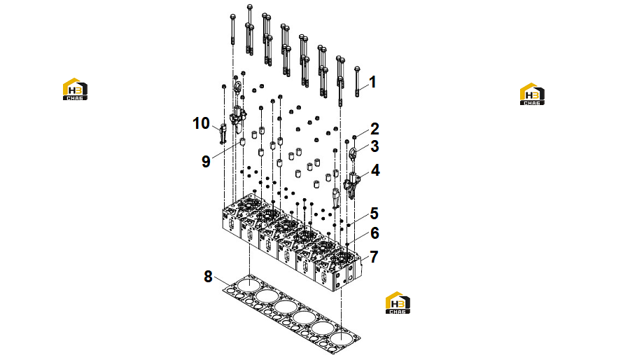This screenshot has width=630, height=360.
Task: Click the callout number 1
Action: click(x=372, y=82)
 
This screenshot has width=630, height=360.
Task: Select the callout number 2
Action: click(x=374, y=129)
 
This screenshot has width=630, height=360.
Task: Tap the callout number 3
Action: click(x=374, y=146)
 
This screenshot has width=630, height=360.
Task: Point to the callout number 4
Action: click(x=375, y=170)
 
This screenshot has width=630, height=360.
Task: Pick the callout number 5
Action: click(x=374, y=214)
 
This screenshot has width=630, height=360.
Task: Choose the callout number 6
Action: click(x=374, y=233)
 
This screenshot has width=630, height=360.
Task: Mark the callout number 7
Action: click(x=374, y=257)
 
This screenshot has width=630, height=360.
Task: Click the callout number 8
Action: click(x=208, y=277)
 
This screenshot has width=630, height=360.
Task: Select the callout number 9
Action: click(x=206, y=162)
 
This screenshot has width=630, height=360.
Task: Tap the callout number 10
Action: click(x=201, y=123)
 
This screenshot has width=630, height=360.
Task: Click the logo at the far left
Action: click(x=75, y=89)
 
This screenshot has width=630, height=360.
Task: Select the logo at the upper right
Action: click(x=533, y=94)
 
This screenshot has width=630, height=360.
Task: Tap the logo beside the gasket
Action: click(x=398, y=303)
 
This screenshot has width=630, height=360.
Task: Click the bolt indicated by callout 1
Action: click(x=357, y=82)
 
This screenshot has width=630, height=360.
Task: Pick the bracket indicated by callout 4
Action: click(x=351, y=185)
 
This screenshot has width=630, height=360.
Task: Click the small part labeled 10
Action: click(x=223, y=134)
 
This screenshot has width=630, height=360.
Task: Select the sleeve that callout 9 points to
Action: click(x=243, y=142)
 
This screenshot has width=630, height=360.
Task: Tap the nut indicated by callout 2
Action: click(x=354, y=137)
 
